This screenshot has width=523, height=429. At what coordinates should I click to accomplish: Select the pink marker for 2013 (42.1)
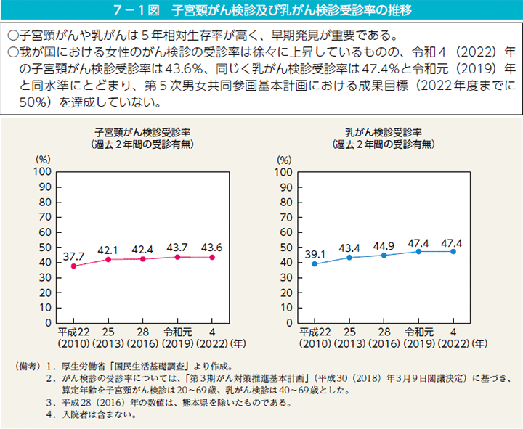108,259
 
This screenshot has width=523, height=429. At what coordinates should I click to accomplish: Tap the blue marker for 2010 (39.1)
314,263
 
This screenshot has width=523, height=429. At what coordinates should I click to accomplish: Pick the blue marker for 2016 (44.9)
384,255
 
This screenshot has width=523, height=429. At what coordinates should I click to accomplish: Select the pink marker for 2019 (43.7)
177,257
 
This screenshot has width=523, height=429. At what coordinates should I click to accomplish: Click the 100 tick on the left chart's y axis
41,171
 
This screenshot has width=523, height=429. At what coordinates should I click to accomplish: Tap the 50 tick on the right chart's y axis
285,247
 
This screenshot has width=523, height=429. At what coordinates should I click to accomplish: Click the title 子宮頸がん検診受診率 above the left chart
142,132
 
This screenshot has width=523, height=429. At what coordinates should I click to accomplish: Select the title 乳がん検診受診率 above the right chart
384,132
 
